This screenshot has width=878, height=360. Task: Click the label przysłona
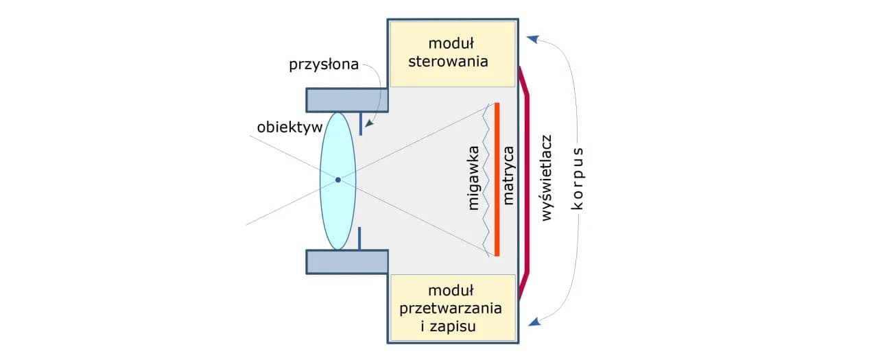pos(323,65)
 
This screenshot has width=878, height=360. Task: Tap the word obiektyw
pos(285,128)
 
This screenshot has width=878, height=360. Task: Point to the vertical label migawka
pos(473,179)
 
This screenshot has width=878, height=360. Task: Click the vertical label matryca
pos(508,179)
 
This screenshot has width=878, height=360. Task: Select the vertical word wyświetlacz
pos(547,178)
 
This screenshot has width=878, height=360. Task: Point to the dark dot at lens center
pos(337,180)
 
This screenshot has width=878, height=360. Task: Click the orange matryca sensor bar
pos(497,179)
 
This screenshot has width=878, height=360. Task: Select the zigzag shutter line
pos(488,179)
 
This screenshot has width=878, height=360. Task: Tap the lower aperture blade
pos(359,238)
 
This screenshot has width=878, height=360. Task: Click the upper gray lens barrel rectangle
pos(347,100)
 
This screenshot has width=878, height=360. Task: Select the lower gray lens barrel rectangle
pos(347,261)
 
